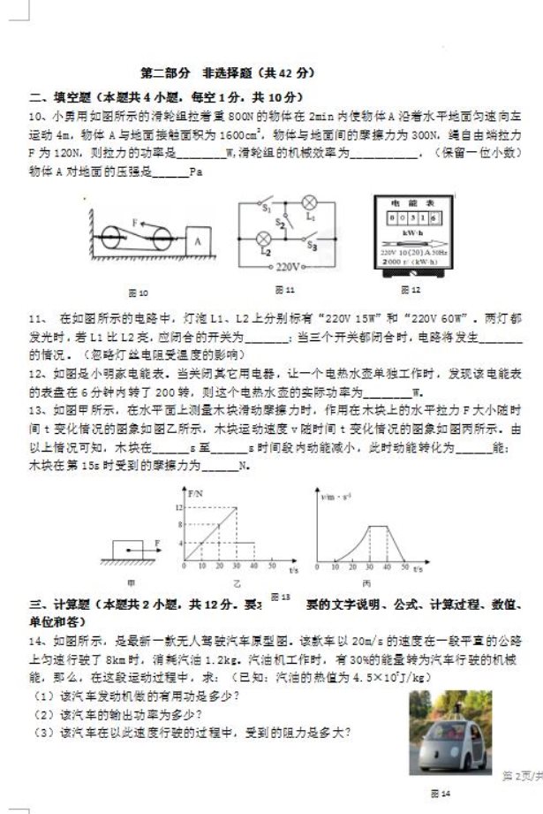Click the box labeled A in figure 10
[200, 240]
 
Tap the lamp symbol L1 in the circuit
[310, 202]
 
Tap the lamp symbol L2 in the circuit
[263, 240]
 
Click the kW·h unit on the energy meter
[410, 232]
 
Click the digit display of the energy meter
[409, 217]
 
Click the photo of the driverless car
[450, 732]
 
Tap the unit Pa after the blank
[196, 171]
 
